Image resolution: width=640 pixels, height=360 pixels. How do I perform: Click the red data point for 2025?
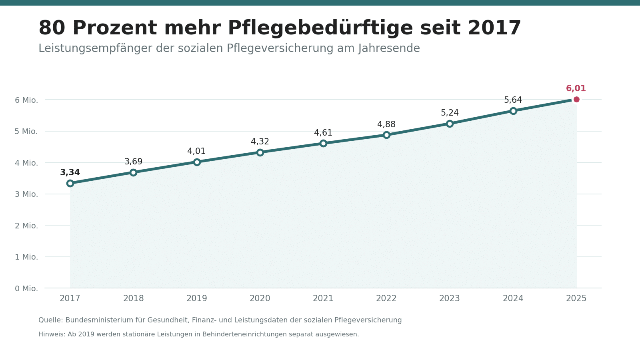pyautogui.click(x=576, y=100)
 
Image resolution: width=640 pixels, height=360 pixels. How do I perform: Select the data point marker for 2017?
pyautogui.click(x=70, y=183)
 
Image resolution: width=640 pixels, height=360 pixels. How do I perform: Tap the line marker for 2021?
pyautogui.click(x=323, y=143)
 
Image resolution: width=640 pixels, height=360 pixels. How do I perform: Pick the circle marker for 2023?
pyautogui.click(x=450, y=124)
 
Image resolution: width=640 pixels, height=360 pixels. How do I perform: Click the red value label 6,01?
pyautogui.click(x=576, y=88)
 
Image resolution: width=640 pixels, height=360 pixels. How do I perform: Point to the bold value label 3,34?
pyautogui.click(x=70, y=172)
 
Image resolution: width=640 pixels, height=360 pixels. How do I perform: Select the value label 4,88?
pyautogui.click(x=386, y=124)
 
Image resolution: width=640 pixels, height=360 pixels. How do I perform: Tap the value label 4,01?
pyautogui.click(x=196, y=152)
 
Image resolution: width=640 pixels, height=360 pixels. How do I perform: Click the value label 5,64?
pyautogui.click(x=513, y=100)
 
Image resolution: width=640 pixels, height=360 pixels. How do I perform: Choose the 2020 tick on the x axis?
pyautogui.click(x=260, y=298)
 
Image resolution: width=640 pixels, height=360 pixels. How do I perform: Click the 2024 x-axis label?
pyautogui.click(x=513, y=298)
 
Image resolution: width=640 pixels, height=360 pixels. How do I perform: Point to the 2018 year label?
pyautogui.click(x=134, y=298)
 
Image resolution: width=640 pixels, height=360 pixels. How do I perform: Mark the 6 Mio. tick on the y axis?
pyautogui.click(x=26, y=100)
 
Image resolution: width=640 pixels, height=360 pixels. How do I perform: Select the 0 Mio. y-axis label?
pyautogui.click(x=26, y=288)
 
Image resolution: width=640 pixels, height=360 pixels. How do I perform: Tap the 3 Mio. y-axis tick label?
pyautogui.click(x=26, y=194)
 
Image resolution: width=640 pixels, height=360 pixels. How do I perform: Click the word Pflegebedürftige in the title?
pyautogui.click(x=320, y=28)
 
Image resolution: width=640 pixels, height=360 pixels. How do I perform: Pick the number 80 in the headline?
pyautogui.click(x=52, y=28)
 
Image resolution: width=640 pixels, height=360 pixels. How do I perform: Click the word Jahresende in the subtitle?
pyautogui.click(x=389, y=48)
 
